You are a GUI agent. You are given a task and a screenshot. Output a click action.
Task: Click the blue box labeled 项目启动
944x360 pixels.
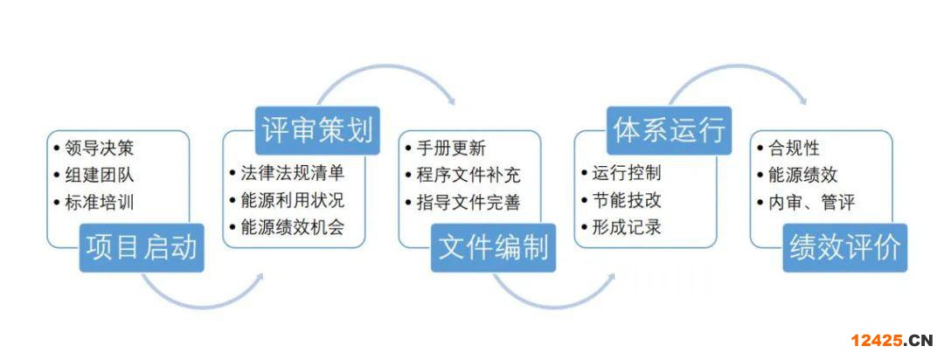(x=142, y=247)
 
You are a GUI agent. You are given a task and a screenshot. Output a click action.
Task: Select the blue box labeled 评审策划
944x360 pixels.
(x=317, y=131)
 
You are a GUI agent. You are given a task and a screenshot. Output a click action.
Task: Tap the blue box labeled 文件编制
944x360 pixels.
(x=493, y=247)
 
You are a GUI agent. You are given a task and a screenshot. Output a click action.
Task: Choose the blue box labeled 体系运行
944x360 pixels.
(x=669, y=131)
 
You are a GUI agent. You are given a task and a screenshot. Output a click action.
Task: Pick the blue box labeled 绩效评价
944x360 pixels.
(x=844, y=247)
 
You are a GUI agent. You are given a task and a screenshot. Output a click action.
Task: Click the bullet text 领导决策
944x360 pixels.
(x=100, y=149)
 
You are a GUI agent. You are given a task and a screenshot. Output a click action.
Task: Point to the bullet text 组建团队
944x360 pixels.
(x=100, y=176)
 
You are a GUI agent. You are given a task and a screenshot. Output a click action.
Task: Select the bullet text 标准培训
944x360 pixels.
(x=100, y=203)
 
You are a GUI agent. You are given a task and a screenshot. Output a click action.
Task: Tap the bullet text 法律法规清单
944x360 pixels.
(x=293, y=173)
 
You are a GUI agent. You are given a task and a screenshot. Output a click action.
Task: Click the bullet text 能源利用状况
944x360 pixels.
(x=293, y=200)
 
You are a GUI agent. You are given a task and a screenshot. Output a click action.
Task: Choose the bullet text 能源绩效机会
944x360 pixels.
(x=293, y=227)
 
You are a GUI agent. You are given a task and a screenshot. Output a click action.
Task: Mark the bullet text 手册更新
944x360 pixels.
(x=451, y=149)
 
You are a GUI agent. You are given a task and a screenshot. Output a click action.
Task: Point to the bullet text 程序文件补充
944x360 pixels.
(x=469, y=176)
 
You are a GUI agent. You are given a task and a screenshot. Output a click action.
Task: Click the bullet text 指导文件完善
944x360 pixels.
(x=469, y=203)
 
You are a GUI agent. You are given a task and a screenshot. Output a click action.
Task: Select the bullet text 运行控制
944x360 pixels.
(x=627, y=173)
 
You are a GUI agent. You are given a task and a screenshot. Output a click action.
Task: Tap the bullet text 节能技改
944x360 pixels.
(x=627, y=200)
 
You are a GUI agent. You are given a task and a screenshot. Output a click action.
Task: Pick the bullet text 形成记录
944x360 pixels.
(x=627, y=227)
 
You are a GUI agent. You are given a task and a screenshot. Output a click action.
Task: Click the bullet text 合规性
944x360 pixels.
(x=794, y=149)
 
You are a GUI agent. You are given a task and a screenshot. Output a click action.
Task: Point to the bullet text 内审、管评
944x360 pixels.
(x=811, y=203)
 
